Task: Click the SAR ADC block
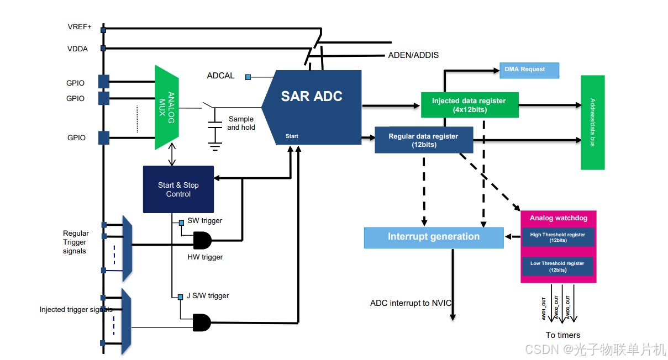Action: click(x=312, y=108)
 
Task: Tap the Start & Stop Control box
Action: click(x=178, y=189)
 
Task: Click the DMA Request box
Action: click(x=529, y=70)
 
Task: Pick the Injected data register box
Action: click(x=469, y=105)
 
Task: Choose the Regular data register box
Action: click(x=423, y=140)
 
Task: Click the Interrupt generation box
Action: click(x=434, y=237)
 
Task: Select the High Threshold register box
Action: click(x=557, y=237)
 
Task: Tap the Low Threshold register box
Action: click(x=557, y=266)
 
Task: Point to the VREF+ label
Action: click(x=80, y=27)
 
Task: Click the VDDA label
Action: click(x=77, y=49)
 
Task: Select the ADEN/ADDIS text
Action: click(x=413, y=55)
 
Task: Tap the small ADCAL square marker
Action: click(x=249, y=77)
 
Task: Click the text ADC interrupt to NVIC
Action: click(x=411, y=303)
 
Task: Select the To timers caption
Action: click(x=563, y=335)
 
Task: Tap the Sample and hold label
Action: click(x=241, y=123)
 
